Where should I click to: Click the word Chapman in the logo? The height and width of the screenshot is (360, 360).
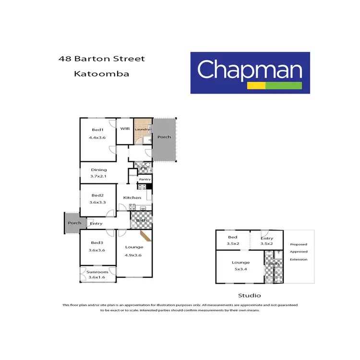(x=250, y=70)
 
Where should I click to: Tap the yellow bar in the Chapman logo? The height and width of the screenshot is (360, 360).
(x=256, y=86)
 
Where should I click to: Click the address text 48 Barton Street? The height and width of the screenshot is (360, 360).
(x=101, y=59)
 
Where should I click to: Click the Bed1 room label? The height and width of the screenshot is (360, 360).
(x=97, y=130)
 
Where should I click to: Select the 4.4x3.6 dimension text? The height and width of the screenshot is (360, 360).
(x=97, y=138)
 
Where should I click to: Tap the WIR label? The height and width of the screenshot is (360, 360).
(x=125, y=129)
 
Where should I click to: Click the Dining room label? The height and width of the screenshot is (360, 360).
(x=99, y=169)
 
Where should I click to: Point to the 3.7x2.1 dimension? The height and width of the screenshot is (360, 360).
(x=98, y=177)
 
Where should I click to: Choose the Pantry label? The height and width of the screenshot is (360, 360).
(x=145, y=180)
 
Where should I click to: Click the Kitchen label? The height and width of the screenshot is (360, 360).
(x=132, y=197)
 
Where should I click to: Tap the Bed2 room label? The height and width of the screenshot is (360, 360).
(x=97, y=195)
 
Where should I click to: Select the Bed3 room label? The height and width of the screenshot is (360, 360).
(x=97, y=243)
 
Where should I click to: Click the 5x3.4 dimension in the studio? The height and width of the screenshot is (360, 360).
(x=240, y=269)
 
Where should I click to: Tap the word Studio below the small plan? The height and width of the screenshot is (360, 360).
(x=250, y=296)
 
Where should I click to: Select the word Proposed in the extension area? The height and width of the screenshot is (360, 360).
(x=298, y=244)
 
